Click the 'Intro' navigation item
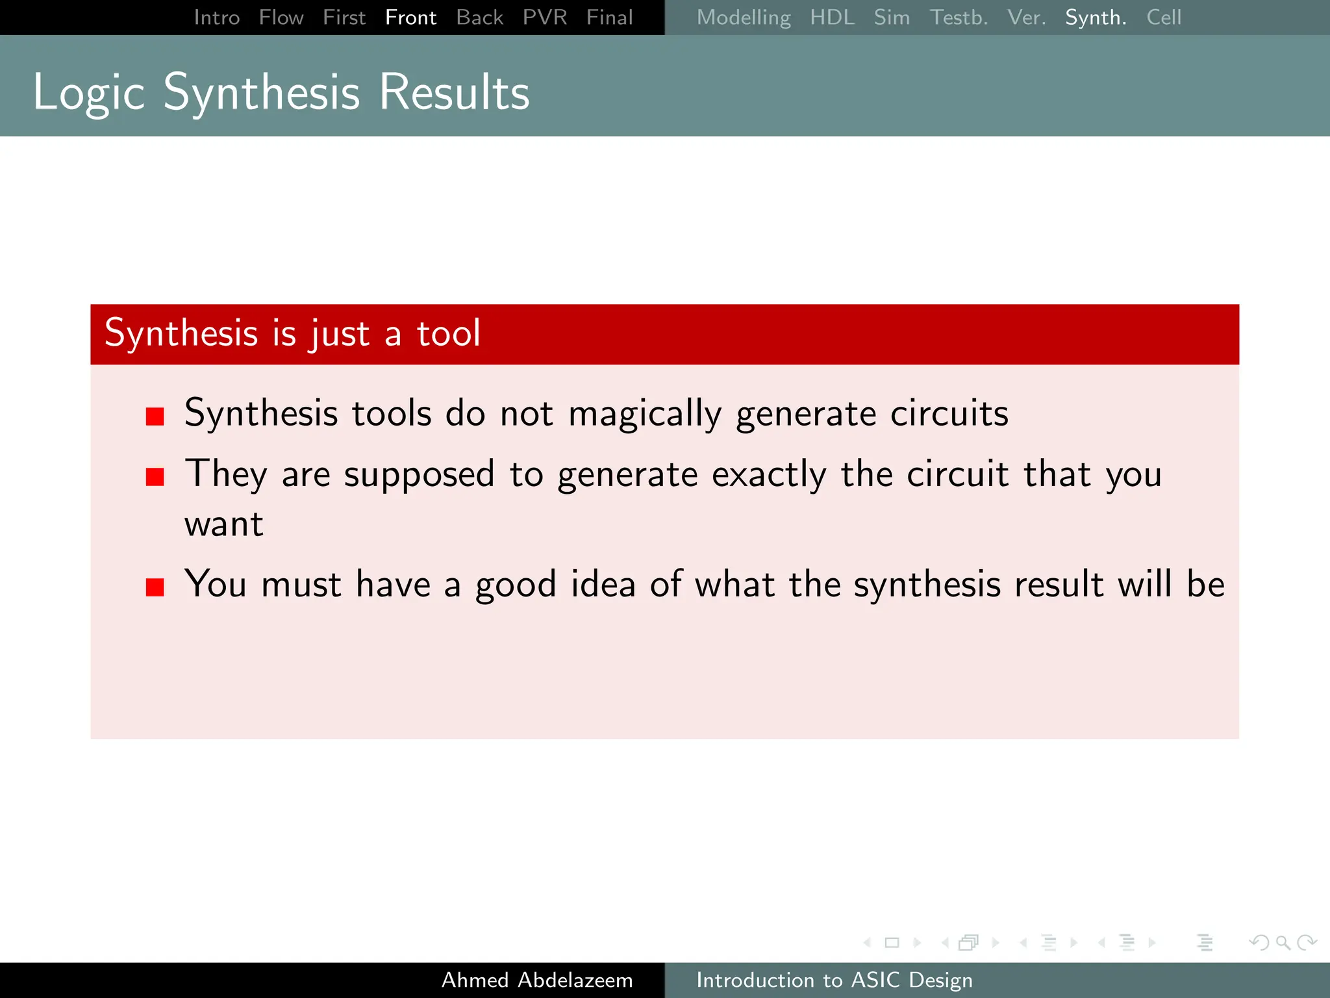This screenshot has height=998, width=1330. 217,18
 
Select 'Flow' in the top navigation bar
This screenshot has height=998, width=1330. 281,18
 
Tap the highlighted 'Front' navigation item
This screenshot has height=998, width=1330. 410,18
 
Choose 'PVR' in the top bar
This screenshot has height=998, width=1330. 545,18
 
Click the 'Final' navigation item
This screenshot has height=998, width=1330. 609,18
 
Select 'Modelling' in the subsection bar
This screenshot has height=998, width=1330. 744,18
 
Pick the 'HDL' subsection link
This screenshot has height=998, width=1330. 832,18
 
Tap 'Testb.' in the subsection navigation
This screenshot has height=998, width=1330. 959,18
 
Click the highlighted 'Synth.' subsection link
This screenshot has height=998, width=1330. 1096,18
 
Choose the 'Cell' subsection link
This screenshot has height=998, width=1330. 1163,18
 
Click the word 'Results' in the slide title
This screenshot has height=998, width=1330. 454,92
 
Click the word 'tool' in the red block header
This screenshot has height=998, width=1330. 448,333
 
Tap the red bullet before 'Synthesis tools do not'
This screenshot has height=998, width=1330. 155,416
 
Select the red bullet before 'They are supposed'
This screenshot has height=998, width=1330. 155,477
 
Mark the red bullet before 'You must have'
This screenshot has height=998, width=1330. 155,587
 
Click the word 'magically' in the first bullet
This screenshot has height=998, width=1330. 644,415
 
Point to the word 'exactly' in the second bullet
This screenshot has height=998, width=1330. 769,475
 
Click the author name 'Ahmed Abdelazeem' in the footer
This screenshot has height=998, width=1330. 537,980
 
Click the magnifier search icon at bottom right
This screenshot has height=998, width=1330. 1283,942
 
